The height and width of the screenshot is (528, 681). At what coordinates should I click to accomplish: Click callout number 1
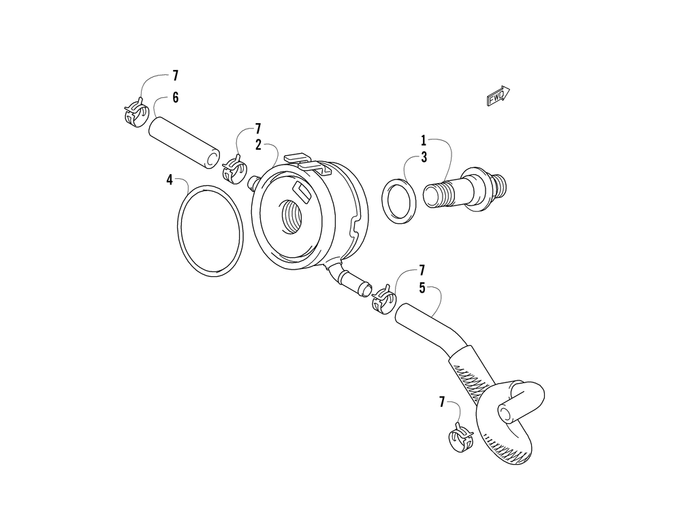[423, 141]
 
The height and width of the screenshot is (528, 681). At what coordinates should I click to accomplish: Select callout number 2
[259, 144]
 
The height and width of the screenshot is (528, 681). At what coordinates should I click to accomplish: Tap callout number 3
[423, 157]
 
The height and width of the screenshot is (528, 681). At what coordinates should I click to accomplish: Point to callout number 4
[170, 180]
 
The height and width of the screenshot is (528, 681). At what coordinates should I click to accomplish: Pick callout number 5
[423, 288]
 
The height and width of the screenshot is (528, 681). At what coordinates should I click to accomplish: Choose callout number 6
[175, 98]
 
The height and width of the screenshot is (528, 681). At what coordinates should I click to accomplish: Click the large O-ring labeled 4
[210, 231]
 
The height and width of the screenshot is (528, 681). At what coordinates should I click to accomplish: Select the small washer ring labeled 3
[398, 201]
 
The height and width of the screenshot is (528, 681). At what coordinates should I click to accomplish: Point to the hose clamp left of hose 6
[136, 113]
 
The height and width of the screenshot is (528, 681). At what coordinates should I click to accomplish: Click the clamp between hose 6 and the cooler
[234, 168]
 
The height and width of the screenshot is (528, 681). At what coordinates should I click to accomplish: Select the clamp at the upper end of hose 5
[383, 298]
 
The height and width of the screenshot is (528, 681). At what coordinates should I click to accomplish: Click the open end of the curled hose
[507, 413]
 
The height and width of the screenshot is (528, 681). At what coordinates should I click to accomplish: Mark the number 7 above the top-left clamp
[175, 76]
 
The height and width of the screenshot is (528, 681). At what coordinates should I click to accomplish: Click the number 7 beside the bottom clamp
[442, 403]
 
